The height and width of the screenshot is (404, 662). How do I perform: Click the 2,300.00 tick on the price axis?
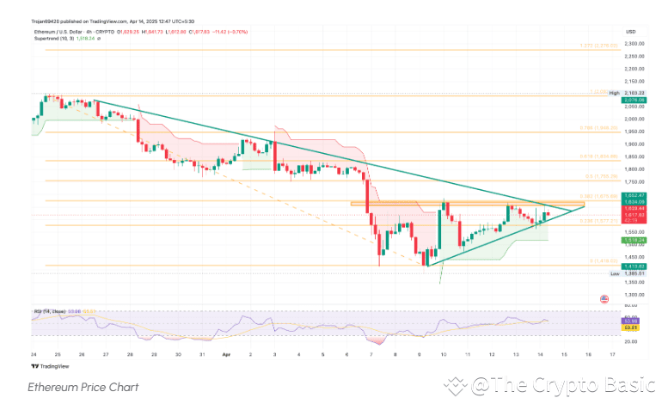[635, 45]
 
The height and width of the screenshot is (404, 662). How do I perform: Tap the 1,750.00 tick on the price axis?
[635, 182]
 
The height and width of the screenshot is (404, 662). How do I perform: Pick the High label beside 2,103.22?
[614, 92]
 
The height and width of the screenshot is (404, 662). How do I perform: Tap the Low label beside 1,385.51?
[614, 273]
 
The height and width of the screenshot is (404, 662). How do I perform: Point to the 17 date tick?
[611, 353]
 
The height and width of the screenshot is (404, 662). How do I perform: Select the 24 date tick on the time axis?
[33, 353]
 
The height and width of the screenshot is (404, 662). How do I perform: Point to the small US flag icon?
[604, 298]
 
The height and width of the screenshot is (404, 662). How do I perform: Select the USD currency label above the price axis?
[631, 31]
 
